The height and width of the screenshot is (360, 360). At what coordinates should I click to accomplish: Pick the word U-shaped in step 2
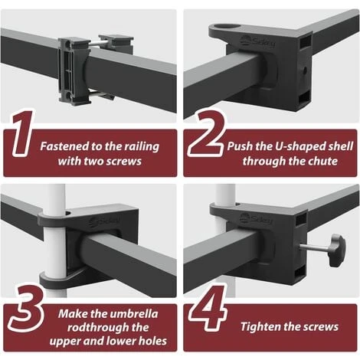(297, 147)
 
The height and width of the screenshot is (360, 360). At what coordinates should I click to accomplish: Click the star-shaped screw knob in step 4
(337, 251)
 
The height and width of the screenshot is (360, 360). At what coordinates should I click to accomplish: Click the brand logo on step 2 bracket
(257, 41)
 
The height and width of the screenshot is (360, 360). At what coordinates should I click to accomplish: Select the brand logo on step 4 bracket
(256, 219)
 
